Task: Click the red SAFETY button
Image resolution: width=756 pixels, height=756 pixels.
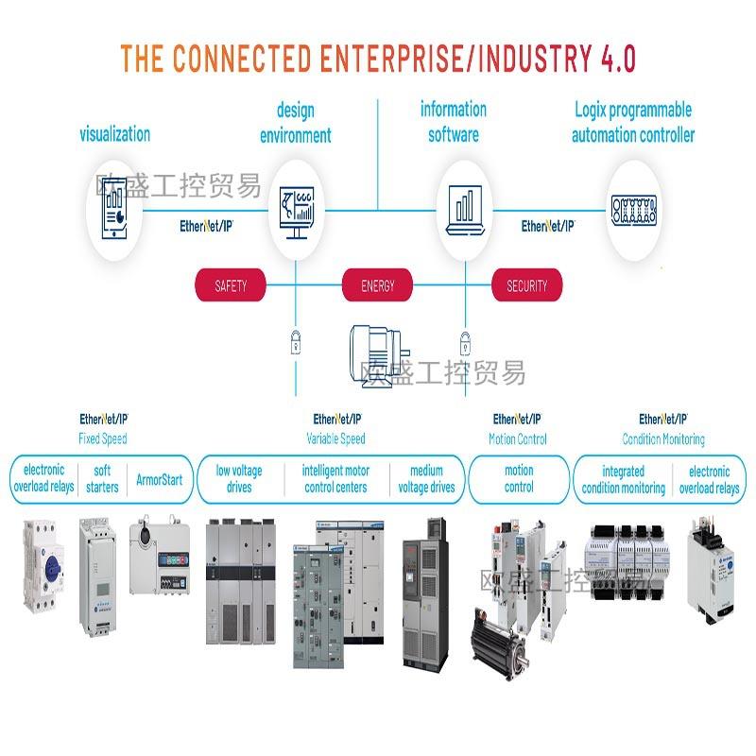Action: pyautogui.click(x=231, y=285)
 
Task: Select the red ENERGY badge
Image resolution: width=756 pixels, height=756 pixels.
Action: pyautogui.click(x=377, y=285)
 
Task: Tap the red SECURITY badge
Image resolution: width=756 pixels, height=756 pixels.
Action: pyautogui.click(x=526, y=285)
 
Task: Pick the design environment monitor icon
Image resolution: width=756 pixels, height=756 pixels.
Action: pyautogui.click(x=296, y=211)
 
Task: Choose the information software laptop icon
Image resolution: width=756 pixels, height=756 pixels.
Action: pyautogui.click(x=463, y=209)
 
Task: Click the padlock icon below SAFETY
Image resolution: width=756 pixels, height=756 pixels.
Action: pyautogui.click(x=296, y=340)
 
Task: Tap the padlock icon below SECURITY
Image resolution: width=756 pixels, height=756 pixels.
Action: pyautogui.click(x=464, y=340)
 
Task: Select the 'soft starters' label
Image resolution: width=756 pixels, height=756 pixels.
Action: pyautogui.click(x=101, y=479)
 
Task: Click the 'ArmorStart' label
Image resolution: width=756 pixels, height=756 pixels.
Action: pyautogui.click(x=160, y=479)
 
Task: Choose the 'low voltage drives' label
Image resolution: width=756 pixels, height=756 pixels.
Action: pyautogui.click(x=239, y=479)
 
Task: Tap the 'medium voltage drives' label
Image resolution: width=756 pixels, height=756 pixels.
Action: pyautogui.click(x=426, y=479)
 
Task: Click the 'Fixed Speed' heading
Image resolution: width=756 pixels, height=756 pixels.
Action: pyautogui.click(x=102, y=439)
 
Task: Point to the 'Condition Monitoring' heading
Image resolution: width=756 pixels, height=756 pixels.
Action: pyautogui.click(x=662, y=439)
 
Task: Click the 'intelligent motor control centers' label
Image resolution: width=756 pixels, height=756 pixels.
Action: pyautogui.click(x=335, y=479)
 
